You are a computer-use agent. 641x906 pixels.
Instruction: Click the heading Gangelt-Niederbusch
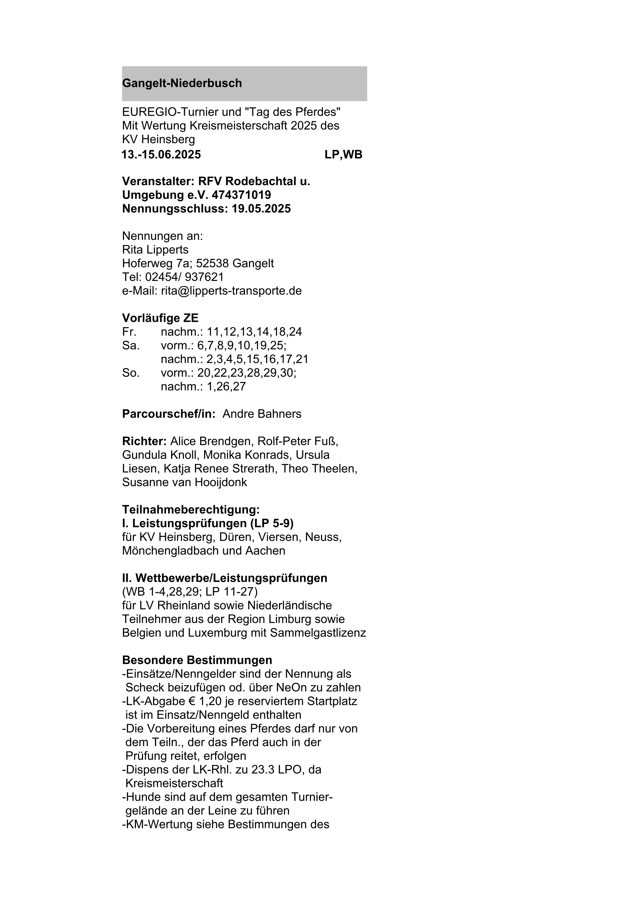[x=182, y=83]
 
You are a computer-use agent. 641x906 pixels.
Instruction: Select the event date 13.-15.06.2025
[x=161, y=155]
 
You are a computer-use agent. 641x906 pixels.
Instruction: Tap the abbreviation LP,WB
[x=343, y=155]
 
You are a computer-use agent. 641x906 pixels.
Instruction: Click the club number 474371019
[x=241, y=195]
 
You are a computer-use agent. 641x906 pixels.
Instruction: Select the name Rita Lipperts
[x=155, y=250]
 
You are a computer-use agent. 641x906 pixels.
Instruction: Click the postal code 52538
[x=212, y=263]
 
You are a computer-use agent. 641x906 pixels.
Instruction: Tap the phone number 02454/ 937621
[x=184, y=277]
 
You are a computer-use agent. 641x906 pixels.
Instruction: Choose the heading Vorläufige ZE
[x=160, y=318]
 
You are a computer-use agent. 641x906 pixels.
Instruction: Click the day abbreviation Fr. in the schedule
[x=129, y=332]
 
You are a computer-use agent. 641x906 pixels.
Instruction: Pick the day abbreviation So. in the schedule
[x=131, y=373]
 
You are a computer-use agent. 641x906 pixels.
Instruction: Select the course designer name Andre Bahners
[x=262, y=414]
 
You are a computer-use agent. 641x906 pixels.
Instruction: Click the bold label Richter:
[x=144, y=441]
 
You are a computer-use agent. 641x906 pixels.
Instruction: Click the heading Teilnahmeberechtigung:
[x=191, y=510]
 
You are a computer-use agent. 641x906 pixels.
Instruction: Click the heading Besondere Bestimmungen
[x=197, y=660]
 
